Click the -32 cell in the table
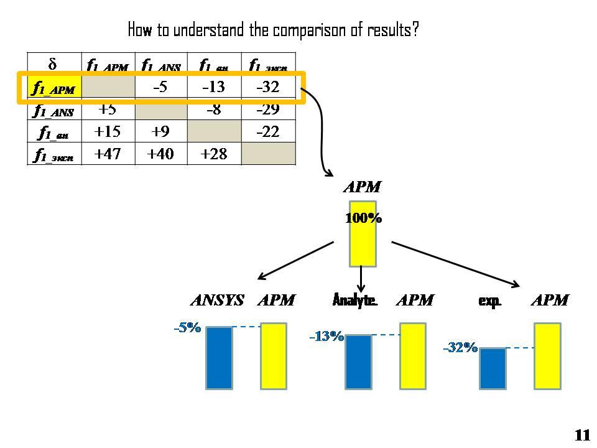pos(268,87)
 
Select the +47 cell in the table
pos(107,154)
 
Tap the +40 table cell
pos(160,154)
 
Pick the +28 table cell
pos(215,154)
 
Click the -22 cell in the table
pos(268,132)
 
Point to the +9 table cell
pos(160,132)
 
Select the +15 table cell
pos(107,132)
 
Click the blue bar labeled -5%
pos(219,358)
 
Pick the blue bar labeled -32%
pos(493,368)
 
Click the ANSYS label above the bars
pos(217,301)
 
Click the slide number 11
pos(582,435)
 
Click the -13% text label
pos(326,337)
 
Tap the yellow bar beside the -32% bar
pos(547,355)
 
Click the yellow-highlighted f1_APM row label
pos(54,88)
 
